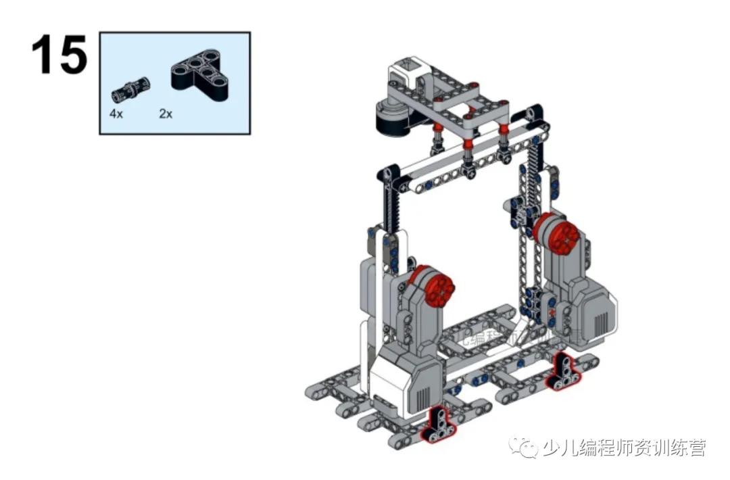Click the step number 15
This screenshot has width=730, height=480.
coord(59,55)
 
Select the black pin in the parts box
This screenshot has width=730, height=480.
coord(130,88)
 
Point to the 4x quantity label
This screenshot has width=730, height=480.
coord(116,114)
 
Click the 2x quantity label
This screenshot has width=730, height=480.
coord(166,114)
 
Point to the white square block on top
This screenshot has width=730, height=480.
coord(409,70)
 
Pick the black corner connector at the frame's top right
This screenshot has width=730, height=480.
coord(535,112)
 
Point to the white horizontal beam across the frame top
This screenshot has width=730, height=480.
coord(466,153)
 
